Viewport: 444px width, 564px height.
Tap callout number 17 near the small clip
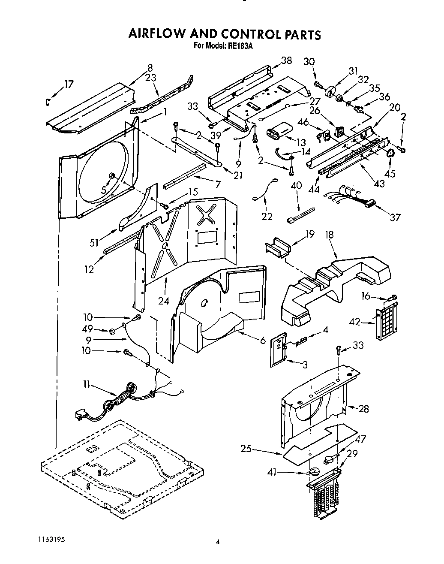69,84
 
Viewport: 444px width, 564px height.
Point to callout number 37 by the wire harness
395,217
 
